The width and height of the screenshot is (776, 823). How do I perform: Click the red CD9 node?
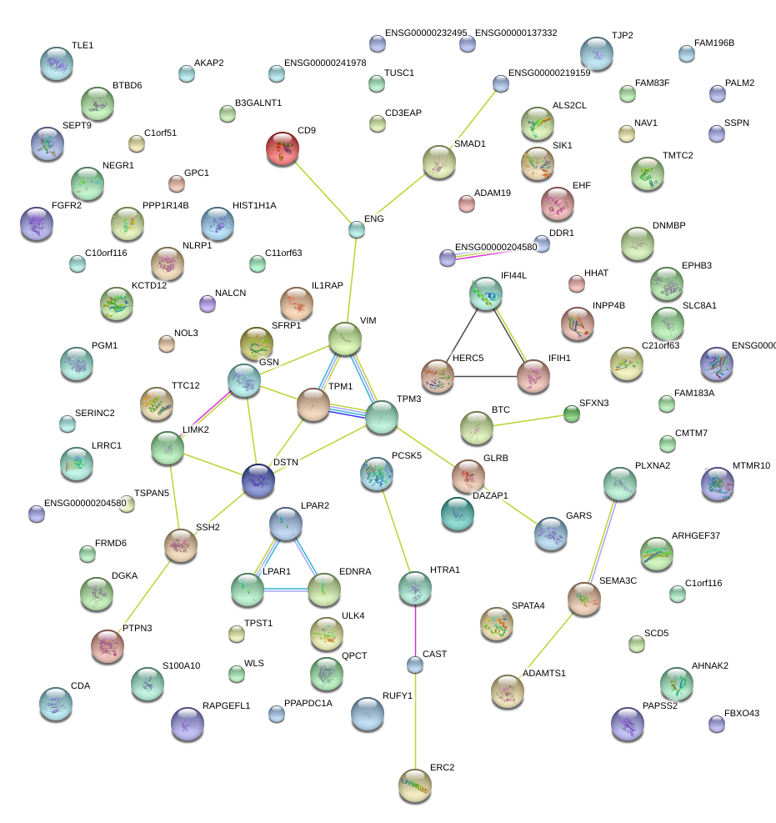[283, 148]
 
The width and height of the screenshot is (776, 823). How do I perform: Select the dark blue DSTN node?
[258, 480]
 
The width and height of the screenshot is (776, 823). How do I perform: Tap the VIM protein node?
[345, 339]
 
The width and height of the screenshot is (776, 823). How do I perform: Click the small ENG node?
[357, 229]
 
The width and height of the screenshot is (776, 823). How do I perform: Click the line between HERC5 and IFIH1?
[485, 376]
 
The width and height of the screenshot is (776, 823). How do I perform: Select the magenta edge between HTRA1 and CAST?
[415, 630]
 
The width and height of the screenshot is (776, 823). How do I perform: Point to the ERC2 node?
[415, 785]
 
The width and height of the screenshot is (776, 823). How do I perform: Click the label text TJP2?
[623, 35]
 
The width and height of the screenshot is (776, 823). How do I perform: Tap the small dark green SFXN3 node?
[572, 414]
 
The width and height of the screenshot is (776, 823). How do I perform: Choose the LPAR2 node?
[285, 524]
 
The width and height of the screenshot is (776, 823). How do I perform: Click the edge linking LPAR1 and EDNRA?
[285, 590]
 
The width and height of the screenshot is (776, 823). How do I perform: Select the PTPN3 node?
[108, 645]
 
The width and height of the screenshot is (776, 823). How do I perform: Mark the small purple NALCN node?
[208, 304]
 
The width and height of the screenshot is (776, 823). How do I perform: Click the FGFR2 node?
[37, 223]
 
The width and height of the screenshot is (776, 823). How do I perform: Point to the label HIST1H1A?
[254, 205]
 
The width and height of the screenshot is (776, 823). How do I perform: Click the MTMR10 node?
[717, 484]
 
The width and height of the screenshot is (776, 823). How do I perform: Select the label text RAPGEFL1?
[226, 705]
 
